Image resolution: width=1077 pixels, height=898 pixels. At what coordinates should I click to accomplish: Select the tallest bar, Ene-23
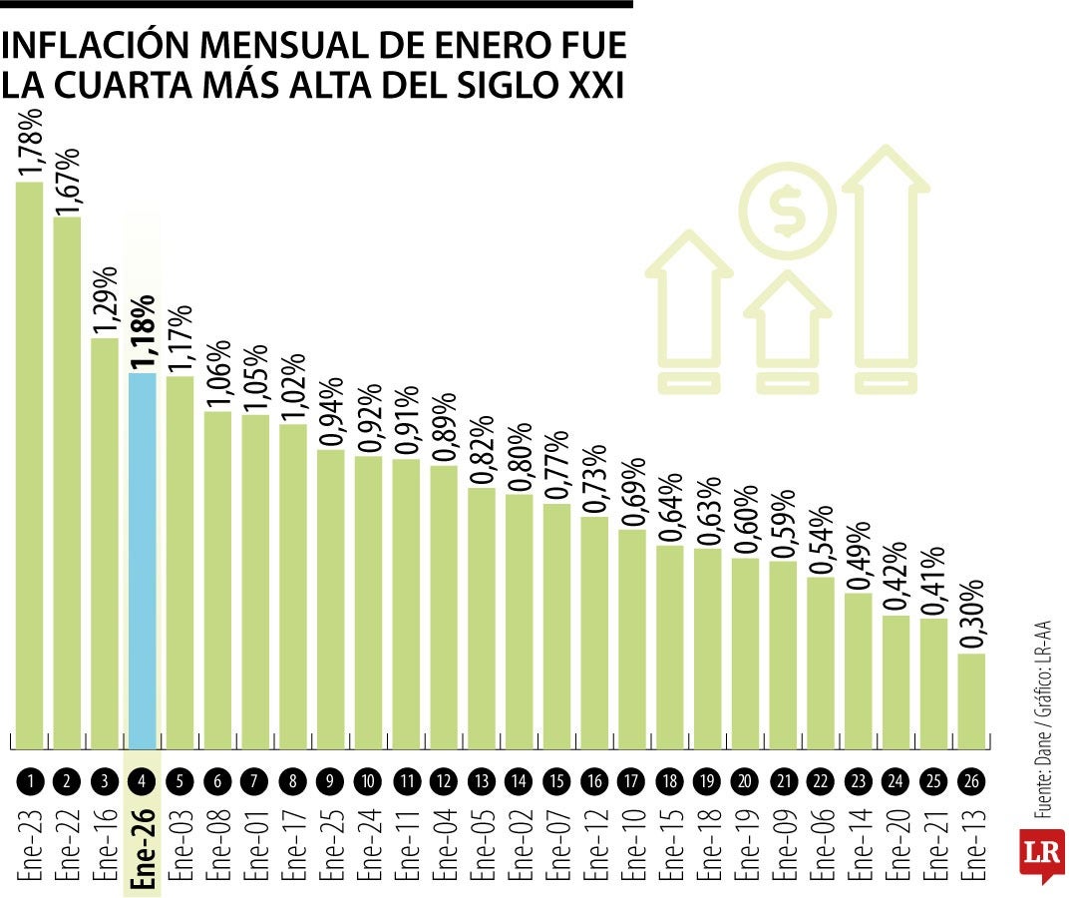(30, 464)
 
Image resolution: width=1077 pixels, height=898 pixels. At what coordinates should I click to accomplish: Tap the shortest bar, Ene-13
(972, 700)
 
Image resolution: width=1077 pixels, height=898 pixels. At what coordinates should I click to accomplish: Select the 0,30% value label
(972, 614)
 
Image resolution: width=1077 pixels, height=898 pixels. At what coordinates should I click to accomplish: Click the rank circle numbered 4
(143, 782)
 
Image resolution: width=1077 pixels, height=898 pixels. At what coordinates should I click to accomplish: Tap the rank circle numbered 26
(972, 782)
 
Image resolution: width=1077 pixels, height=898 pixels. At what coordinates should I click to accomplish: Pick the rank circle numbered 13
(483, 782)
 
